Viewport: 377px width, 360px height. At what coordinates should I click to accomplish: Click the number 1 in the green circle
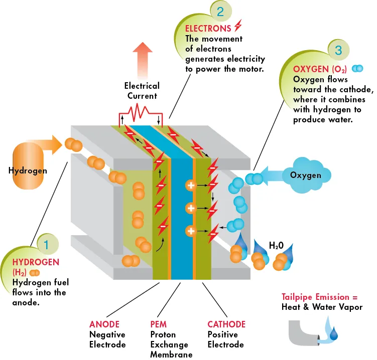pos(46,245)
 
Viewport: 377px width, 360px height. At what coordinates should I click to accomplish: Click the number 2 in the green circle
pos(220,12)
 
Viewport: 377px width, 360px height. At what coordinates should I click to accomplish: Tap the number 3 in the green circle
pos(338,50)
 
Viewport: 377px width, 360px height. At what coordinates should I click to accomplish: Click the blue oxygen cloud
pos(306,175)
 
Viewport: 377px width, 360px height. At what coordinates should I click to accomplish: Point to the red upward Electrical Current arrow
pos(143,60)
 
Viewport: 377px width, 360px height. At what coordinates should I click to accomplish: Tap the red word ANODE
pos(104,324)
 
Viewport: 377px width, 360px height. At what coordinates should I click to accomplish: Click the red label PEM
pos(158,324)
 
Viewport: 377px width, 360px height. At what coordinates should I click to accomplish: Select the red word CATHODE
pos(226,324)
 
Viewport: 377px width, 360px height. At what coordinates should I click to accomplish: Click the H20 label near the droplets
pos(276,246)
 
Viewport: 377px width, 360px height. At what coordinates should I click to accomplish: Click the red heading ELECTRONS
pos(208,29)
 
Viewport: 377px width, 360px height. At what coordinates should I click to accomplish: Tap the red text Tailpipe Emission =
pos(320,297)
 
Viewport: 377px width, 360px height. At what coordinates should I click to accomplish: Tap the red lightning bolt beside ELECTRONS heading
pos(238,25)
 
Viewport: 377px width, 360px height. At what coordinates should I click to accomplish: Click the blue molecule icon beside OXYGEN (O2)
pos(357,69)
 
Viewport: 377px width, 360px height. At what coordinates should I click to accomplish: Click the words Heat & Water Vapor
pos(322,307)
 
